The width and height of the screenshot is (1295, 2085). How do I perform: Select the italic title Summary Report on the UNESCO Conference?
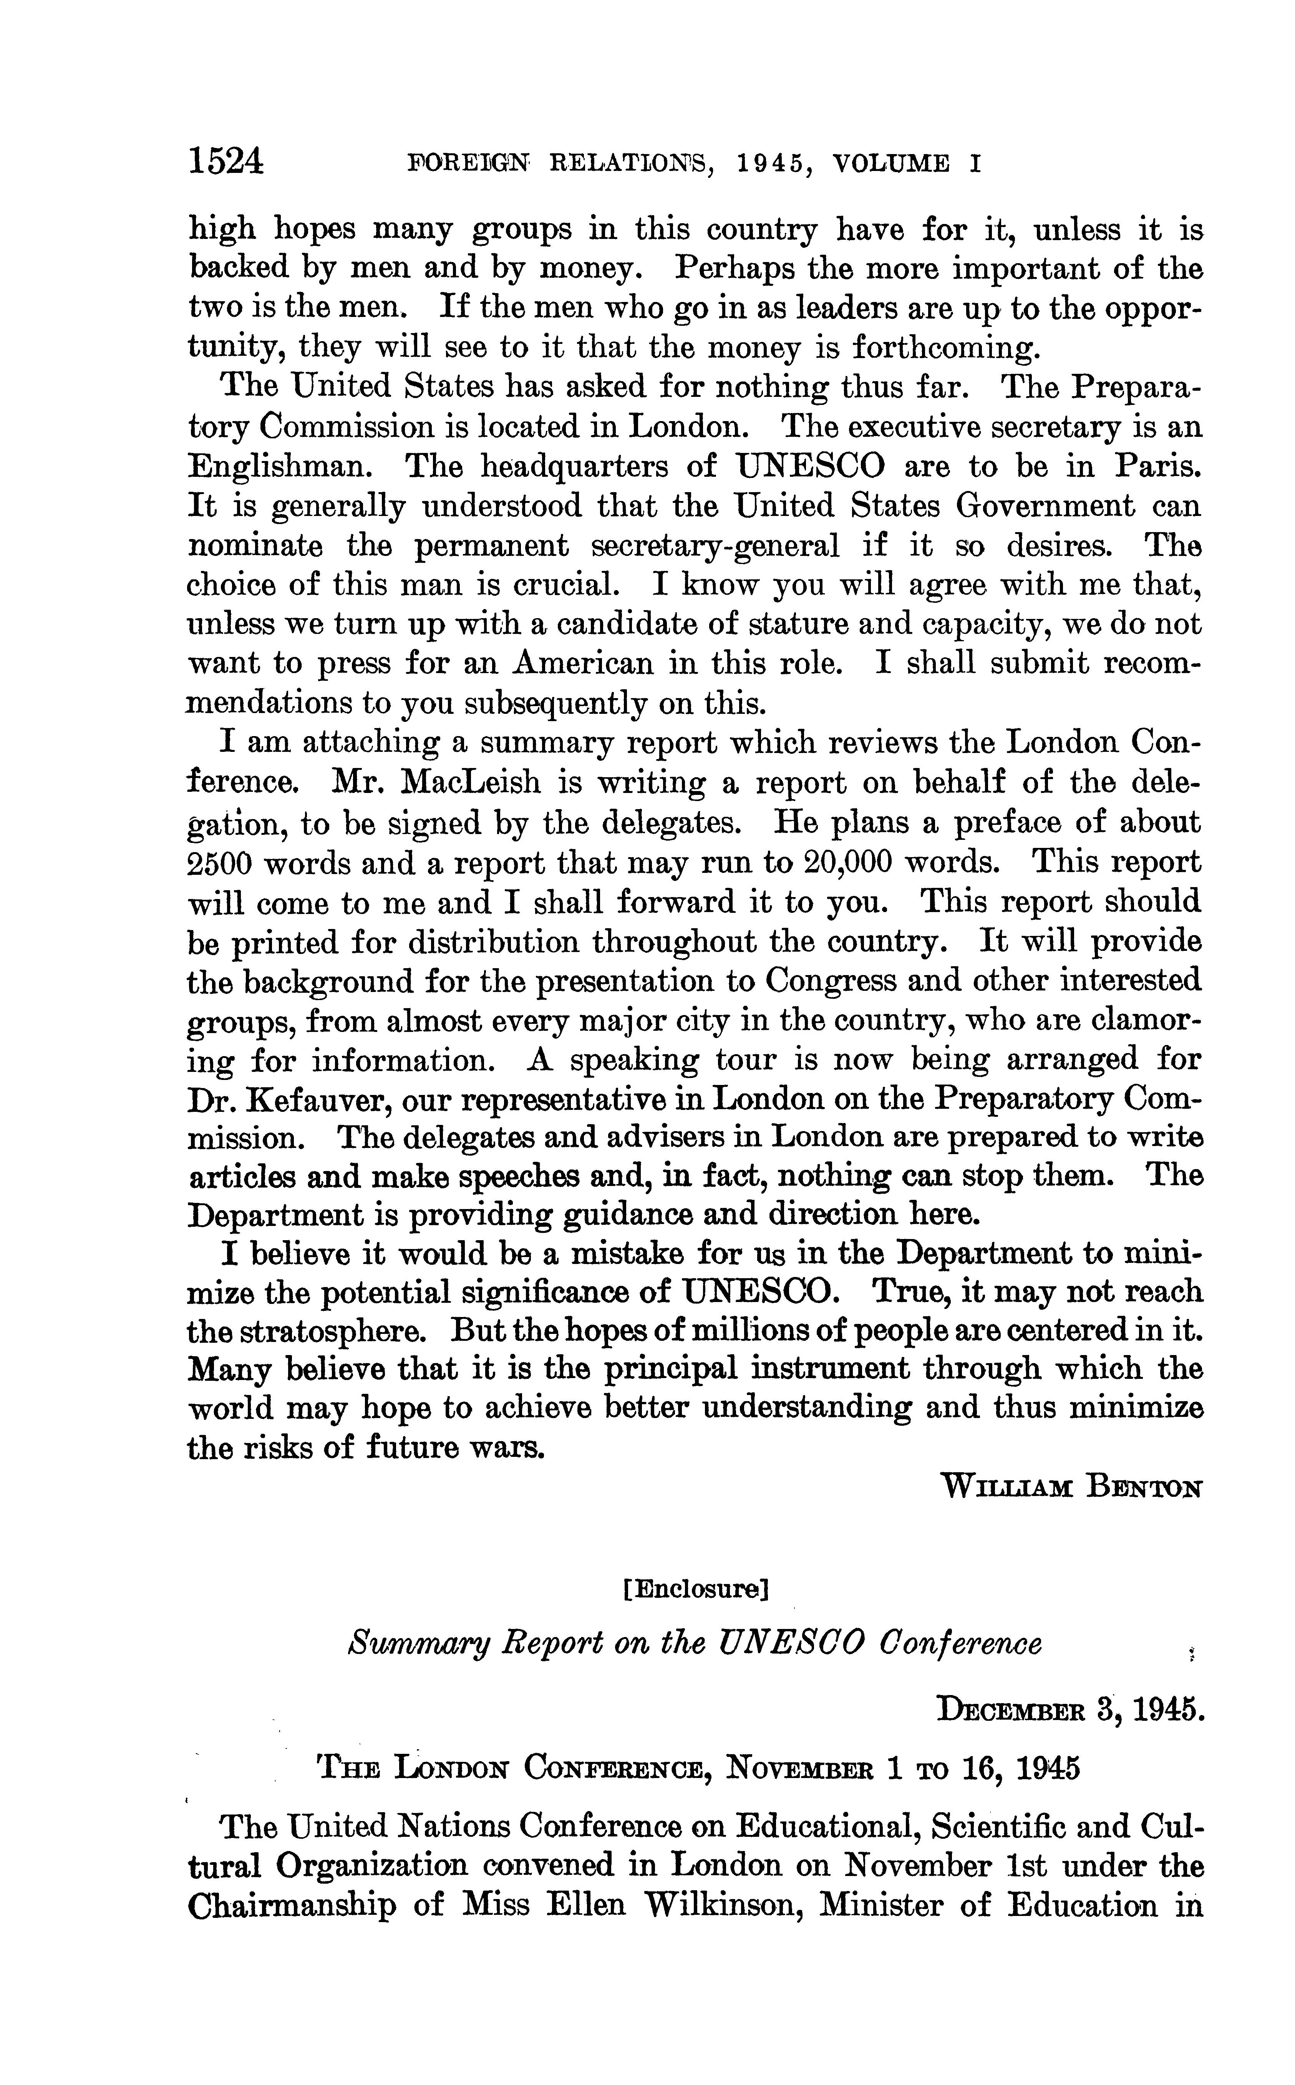(x=695, y=1644)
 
